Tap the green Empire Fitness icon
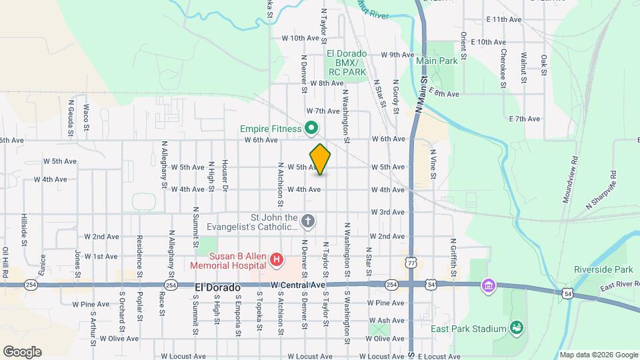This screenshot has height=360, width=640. [311, 127]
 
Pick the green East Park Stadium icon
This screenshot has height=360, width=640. [515, 327]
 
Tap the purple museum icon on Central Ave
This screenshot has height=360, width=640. [488, 285]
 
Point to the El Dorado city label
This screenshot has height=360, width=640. [217, 286]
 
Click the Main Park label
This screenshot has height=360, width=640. [437, 61]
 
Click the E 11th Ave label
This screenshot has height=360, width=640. [504, 20]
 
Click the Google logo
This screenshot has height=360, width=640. [22, 351]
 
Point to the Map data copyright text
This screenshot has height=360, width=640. [598, 355]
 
